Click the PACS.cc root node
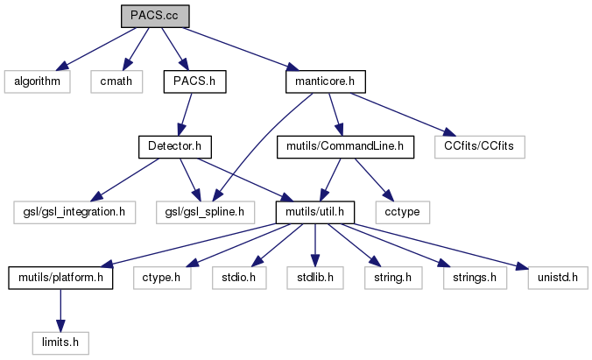click(x=154, y=15)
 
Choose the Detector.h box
click(x=177, y=146)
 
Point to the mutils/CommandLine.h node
click(x=344, y=146)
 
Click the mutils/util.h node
click(x=314, y=211)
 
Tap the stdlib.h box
click(x=310, y=278)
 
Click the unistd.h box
click(x=556, y=278)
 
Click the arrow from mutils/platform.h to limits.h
click(x=60, y=307)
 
